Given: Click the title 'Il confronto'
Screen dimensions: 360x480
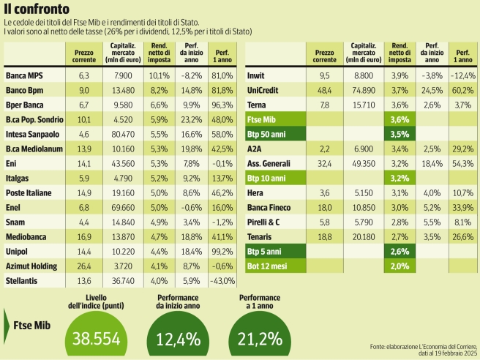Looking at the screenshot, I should (37, 10).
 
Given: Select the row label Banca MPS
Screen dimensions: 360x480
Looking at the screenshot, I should (25, 75).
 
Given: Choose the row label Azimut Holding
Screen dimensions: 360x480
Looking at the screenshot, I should (31, 266).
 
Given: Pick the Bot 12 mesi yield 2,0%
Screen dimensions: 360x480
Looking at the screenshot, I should (400, 266).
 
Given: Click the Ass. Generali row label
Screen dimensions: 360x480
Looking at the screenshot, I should (270, 164).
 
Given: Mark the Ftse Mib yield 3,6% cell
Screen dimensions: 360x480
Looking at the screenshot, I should (400, 119).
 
